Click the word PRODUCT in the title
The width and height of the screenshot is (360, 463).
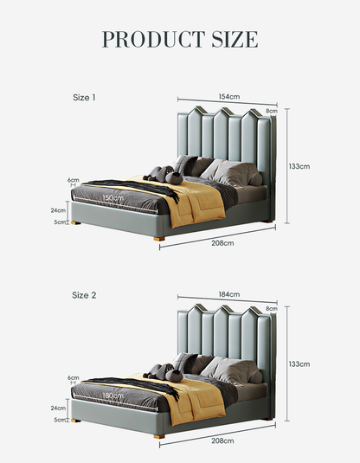(x=153, y=39)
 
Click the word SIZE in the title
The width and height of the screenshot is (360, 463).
(x=235, y=39)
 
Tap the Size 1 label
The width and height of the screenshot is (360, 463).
(x=84, y=98)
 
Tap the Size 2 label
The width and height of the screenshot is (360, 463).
(x=84, y=295)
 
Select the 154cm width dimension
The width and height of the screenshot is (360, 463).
(x=229, y=97)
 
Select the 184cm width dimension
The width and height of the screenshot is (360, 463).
(x=229, y=294)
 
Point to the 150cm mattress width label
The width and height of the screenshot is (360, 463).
(x=112, y=198)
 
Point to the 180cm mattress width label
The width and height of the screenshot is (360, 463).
(x=112, y=395)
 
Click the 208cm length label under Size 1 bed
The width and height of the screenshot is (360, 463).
(x=222, y=243)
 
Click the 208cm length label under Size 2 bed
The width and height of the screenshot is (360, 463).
(x=222, y=440)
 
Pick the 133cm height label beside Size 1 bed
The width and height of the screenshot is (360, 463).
(x=299, y=166)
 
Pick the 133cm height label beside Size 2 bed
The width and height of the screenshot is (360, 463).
(x=299, y=364)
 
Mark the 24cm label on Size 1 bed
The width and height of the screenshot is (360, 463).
(x=58, y=210)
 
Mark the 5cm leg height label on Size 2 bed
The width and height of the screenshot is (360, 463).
(x=60, y=420)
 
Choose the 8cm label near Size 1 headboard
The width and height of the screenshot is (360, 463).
(x=272, y=111)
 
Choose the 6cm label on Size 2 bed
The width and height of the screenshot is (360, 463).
(x=74, y=377)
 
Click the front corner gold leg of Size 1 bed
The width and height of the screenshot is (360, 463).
(x=159, y=239)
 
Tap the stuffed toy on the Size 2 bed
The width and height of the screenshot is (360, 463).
(x=164, y=372)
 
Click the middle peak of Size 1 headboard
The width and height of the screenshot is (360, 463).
(x=223, y=112)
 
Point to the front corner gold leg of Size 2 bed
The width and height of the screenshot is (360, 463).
(x=159, y=436)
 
